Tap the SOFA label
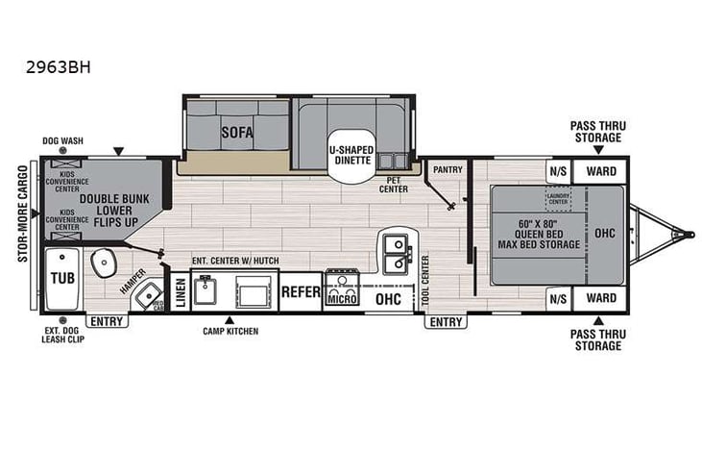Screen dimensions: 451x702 coord(236,133)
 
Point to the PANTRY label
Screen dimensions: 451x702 coord(448,170)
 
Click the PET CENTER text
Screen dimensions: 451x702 coord(391,185)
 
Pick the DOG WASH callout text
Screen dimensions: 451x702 coord(62,140)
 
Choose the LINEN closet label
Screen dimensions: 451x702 coord(180,289)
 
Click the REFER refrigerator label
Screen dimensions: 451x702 coord(300,291)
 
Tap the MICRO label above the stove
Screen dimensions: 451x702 coord(341,298)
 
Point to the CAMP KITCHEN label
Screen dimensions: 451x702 coord(230,331)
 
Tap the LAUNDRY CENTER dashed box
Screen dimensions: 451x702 coord(558,199)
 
